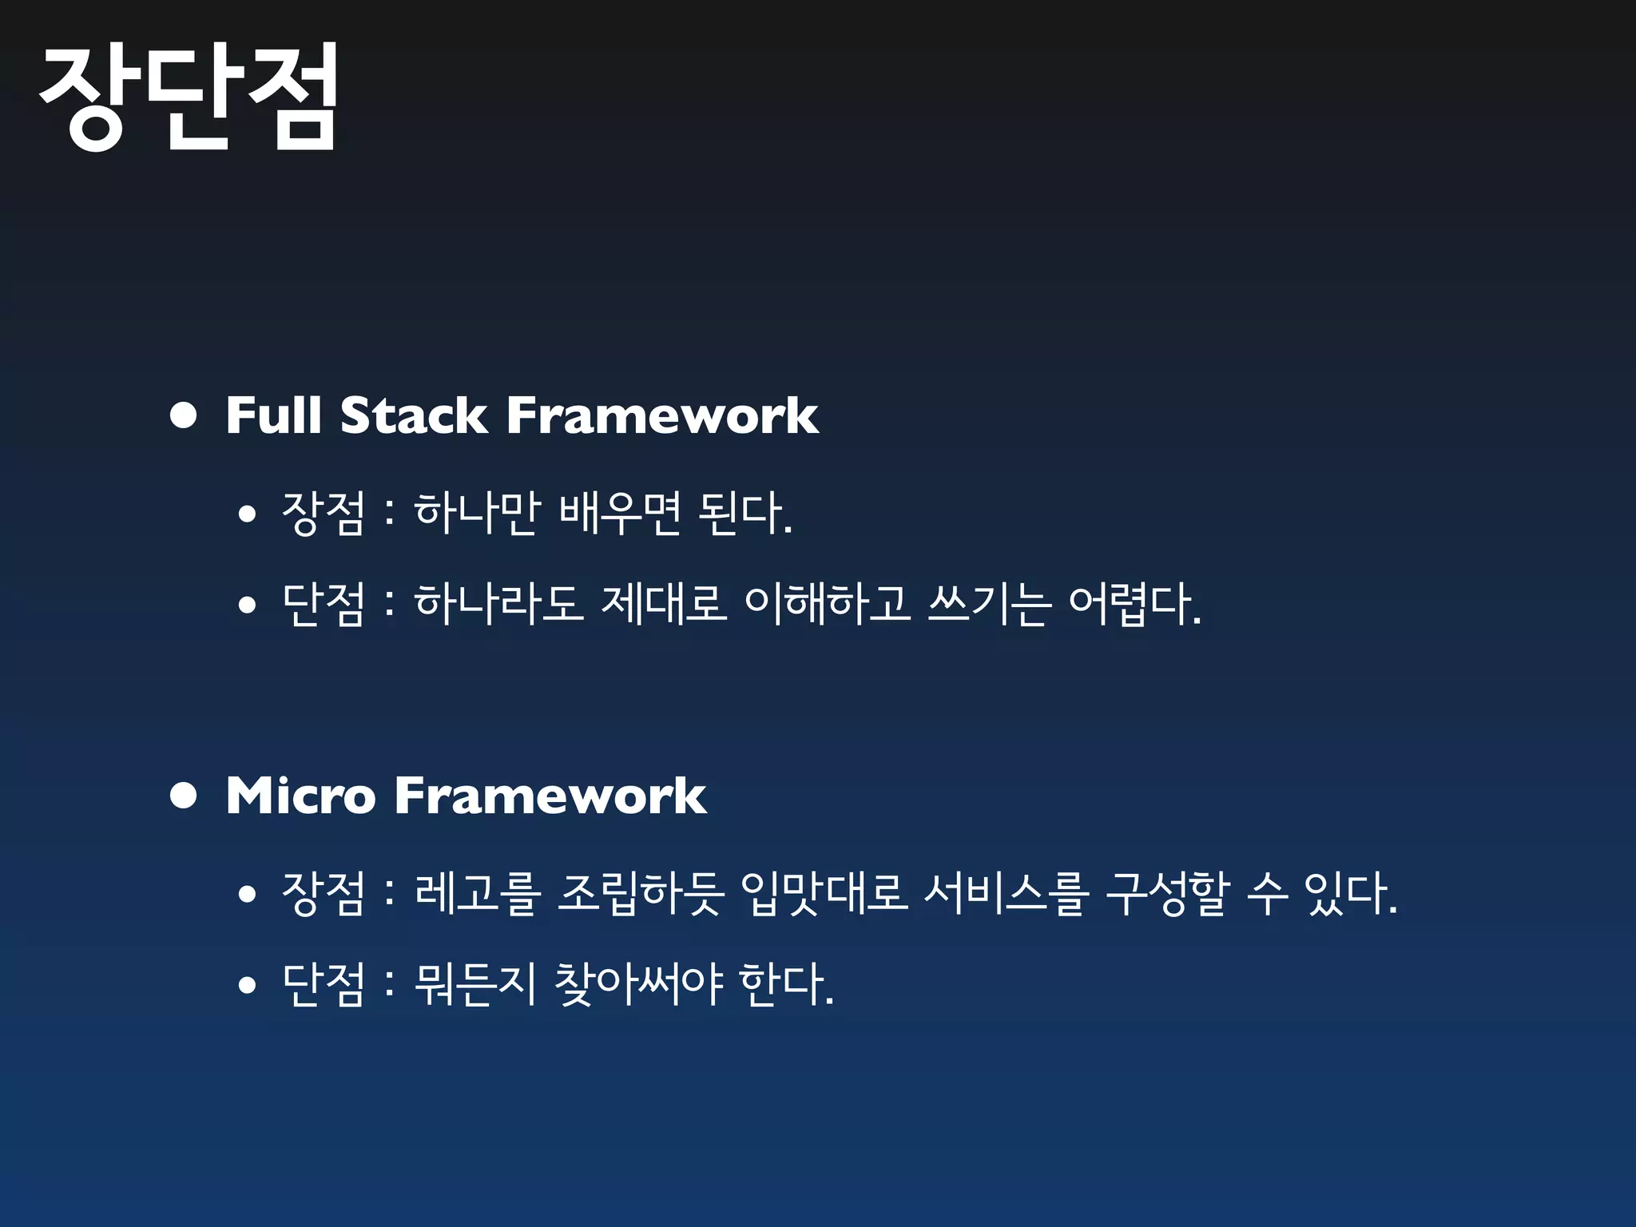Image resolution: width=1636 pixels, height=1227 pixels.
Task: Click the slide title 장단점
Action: click(189, 97)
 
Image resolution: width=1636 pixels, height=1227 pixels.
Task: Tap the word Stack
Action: click(413, 415)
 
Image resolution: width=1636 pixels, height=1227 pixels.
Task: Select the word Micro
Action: click(300, 796)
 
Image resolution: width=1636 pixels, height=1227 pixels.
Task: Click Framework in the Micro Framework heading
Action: click(550, 796)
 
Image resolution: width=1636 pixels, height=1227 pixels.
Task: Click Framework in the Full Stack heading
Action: click(662, 415)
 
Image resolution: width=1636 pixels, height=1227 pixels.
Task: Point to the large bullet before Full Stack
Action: click(184, 415)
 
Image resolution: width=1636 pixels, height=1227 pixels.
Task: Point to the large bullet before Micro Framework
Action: click(184, 796)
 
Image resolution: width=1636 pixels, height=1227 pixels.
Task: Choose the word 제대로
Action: click(663, 603)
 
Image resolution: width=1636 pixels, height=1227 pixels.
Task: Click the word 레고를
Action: click(478, 892)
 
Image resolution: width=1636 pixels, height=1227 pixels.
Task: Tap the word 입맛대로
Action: click(824, 892)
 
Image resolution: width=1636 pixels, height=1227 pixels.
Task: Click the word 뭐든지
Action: click(475, 983)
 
